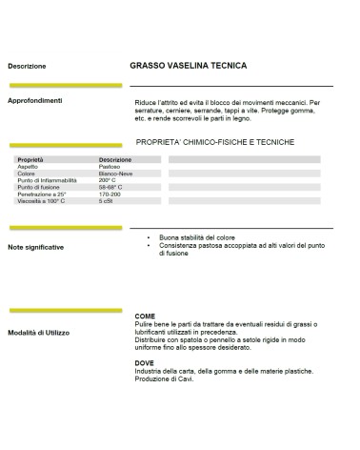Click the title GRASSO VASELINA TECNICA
(188, 66)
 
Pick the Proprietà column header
(30, 159)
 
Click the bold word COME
(146, 316)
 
